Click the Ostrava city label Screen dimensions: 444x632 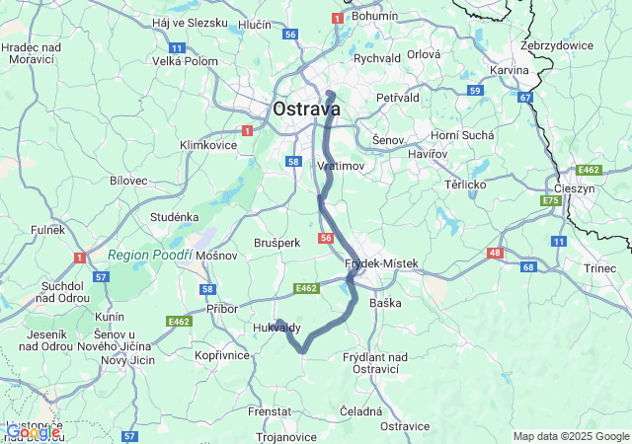pyautogui.click(x=306, y=109)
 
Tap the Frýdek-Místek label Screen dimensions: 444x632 pyautogui.click(x=382, y=263)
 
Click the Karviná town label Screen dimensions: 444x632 pyautogui.click(x=511, y=72)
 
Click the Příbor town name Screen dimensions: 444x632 pyautogui.click(x=222, y=309)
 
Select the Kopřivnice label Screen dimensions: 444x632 pyautogui.click(x=221, y=354)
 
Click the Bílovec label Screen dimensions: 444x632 pyautogui.click(x=128, y=181)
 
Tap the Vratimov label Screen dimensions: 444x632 pyautogui.click(x=341, y=166)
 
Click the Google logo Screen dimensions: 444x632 pyautogui.click(x=32, y=431)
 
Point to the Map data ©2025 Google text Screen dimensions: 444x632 pyautogui.click(x=570, y=436)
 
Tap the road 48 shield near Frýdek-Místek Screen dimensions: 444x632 pyautogui.click(x=493, y=254)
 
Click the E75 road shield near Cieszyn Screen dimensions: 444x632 pyautogui.click(x=550, y=201)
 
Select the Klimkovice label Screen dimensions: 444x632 pyautogui.click(x=208, y=145)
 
